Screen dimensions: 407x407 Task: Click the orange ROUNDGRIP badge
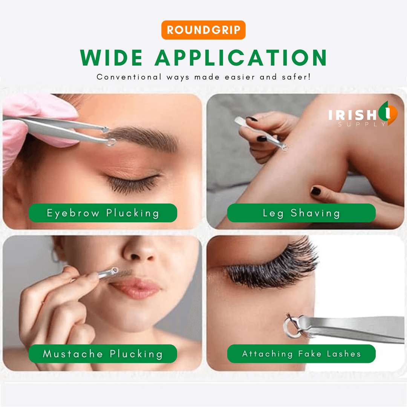[x=203, y=30]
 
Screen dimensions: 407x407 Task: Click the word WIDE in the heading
[x=112, y=58]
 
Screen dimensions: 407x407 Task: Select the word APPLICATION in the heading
[x=240, y=58]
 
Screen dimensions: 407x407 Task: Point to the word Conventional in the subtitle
[x=129, y=77]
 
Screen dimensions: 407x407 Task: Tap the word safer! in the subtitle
[x=296, y=77]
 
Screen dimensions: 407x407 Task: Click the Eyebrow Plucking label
[x=103, y=213]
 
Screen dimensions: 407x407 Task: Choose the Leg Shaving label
[x=301, y=213]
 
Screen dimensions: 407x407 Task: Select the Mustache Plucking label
[x=103, y=353]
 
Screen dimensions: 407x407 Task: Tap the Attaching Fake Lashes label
[x=301, y=353]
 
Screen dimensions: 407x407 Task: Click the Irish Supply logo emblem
[x=388, y=113]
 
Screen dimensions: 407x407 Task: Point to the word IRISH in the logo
[x=352, y=115]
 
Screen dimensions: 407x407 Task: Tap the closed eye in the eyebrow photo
[x=134, y=183]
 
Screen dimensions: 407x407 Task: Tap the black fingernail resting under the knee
[x=316, y=191]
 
